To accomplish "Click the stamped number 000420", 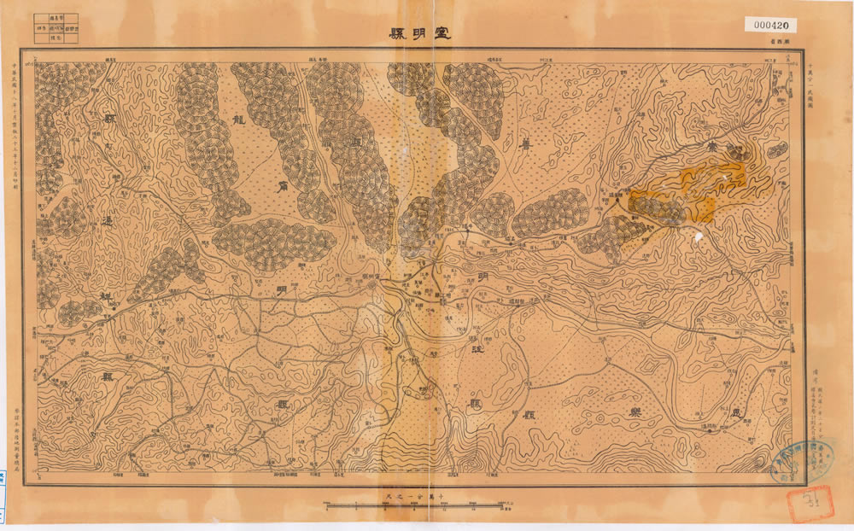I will click(x=775, y=25).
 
